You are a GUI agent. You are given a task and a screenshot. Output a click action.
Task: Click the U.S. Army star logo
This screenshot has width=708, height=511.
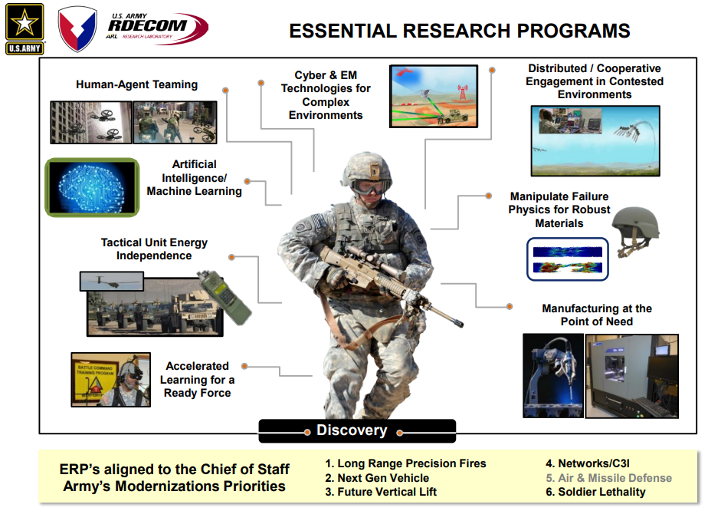click(25, 29)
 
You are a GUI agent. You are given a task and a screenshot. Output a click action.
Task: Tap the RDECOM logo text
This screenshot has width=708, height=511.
click(147, 25)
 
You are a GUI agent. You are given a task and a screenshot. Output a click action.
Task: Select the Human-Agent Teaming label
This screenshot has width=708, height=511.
click(137, 84)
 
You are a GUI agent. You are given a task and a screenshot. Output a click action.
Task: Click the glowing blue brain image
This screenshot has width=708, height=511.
click(92, 187)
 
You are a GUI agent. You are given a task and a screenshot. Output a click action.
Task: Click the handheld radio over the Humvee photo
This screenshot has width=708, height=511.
click(225, 297)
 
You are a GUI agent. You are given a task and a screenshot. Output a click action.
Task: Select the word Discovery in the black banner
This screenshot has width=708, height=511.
click(352, 430)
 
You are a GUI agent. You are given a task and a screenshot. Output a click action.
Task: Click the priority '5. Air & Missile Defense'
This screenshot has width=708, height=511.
click(608, 478)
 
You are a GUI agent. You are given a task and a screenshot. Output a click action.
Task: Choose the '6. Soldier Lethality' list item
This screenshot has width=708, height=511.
click(595, 492)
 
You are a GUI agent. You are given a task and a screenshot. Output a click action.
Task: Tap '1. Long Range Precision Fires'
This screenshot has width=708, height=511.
click(405, 463)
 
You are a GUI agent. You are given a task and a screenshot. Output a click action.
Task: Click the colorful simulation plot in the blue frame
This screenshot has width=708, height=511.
click(568, 259)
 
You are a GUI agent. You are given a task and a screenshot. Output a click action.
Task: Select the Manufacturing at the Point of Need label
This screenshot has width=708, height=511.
click(597, 315)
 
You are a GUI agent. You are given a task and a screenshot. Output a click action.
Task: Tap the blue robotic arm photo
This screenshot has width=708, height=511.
click(553, 375)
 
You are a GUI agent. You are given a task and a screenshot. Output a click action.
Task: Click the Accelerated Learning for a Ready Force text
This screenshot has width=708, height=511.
click(198, 379)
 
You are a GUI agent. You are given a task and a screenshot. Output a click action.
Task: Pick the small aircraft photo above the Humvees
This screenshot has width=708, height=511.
click(112, 282)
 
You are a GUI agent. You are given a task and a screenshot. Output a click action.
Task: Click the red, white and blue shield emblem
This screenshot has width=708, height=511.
click(77, 28)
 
